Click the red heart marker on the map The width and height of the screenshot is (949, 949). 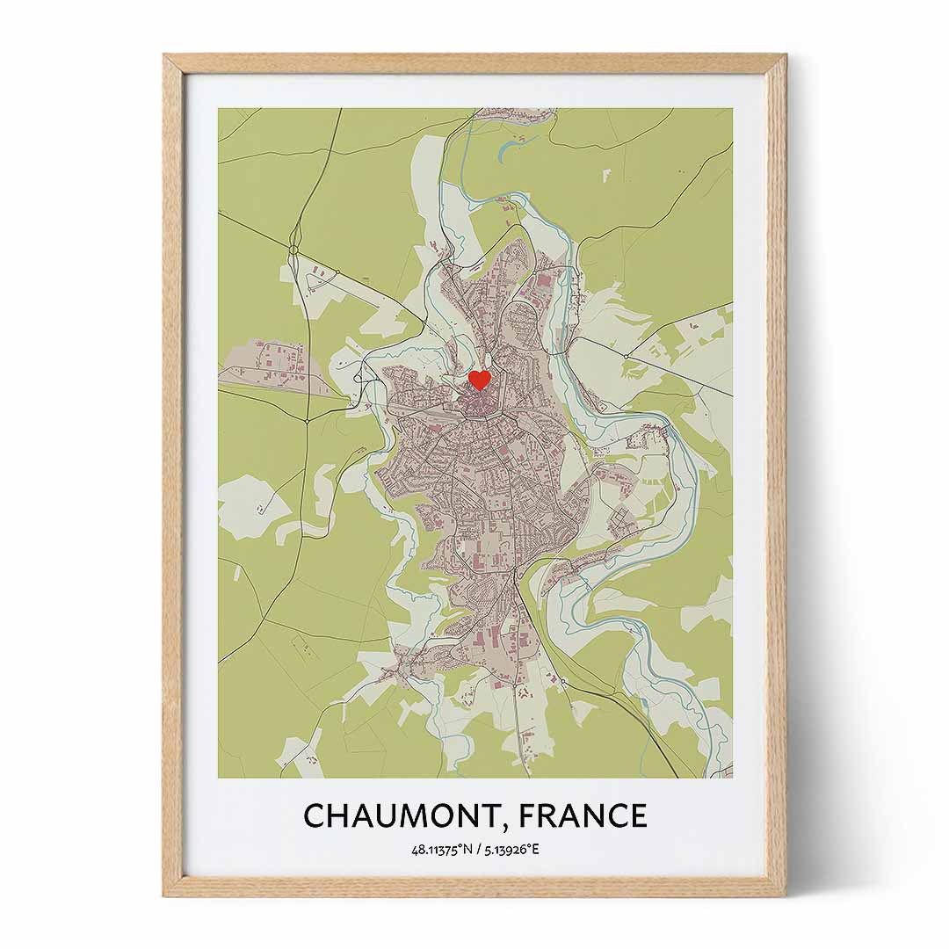pos(479,380)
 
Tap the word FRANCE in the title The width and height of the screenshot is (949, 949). pos(583,815)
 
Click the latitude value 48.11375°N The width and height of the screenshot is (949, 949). pos(439,851)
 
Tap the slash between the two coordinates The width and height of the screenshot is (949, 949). pos(474,851)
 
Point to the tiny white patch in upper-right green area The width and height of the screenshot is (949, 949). pos(606,175)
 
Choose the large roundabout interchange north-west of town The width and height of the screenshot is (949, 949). pos(295,236)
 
